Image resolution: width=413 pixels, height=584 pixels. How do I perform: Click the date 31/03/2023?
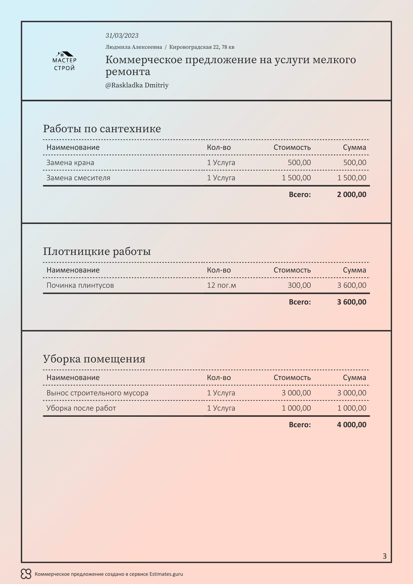coord(122,36)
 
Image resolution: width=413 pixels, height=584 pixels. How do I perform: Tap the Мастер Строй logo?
coord(64,61)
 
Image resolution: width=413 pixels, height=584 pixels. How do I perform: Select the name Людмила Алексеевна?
coord(134,47)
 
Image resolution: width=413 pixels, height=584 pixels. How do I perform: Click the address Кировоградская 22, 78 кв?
coord(202,47)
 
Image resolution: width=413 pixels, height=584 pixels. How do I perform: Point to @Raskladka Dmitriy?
coord(137,85)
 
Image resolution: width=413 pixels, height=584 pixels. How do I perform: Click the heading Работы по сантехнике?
coord(102,129)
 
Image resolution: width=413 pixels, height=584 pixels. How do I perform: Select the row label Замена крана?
coord(70,163)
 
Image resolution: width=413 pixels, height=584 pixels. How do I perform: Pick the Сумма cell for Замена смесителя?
coord(352,178)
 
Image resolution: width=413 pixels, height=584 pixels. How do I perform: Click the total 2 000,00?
coord(352,195)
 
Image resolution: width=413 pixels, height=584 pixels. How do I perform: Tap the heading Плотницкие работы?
coord(97,251)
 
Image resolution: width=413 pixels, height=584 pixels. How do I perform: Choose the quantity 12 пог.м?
coord(221,285)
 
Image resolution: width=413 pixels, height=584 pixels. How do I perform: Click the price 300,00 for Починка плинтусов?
coord(299,285)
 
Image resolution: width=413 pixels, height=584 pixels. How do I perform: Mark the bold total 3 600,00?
coord(352,302)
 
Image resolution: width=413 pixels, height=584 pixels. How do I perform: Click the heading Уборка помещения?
coord(94,359)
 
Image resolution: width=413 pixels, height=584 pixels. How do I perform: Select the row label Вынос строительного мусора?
coord(97,393)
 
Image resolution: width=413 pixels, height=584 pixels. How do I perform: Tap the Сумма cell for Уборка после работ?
coord(352,408)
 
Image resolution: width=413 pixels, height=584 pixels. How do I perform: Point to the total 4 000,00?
coord(352,425)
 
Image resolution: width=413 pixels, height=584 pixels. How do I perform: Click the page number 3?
coord(384,556)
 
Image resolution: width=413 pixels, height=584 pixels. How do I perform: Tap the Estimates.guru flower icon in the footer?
coord(26,574)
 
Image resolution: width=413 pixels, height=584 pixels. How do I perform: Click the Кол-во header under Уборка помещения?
coord(219,378)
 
